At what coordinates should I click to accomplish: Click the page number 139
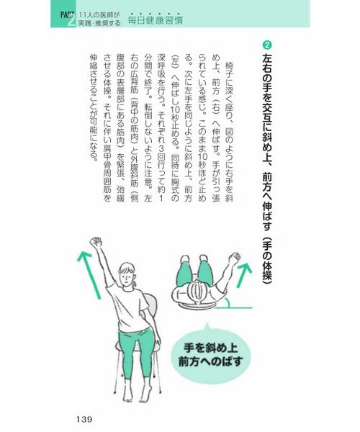84,419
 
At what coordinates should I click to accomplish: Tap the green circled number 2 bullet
267,45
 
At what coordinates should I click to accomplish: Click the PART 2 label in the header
67,19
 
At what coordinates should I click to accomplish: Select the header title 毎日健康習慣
156,20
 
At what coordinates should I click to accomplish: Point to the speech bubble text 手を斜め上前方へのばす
210,354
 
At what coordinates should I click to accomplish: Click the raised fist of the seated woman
96,242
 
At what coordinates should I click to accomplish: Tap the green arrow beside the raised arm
88,275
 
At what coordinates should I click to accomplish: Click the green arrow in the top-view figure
244,275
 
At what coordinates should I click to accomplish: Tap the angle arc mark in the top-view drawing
228,302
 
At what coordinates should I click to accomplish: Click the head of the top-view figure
197,292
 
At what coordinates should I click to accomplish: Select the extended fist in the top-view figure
235,258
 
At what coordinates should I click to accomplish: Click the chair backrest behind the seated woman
151,307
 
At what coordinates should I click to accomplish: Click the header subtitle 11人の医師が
99,15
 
